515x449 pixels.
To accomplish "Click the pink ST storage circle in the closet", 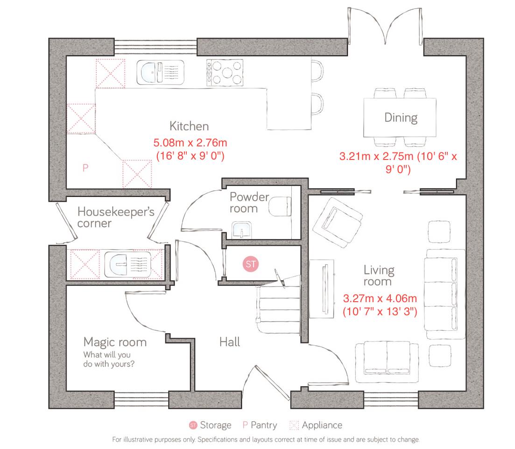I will [251, 264].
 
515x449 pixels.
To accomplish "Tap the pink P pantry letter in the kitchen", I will [85, 168].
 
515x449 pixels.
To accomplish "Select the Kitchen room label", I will [189, 126].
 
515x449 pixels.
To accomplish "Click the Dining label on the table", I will [401, 117].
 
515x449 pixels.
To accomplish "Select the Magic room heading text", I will [115, 342].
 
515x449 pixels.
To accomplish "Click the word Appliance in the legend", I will [322, 425].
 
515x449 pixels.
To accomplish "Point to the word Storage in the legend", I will [215, 425].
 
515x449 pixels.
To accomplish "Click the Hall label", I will [230, 342].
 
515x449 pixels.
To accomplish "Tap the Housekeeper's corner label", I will [115, 217].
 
